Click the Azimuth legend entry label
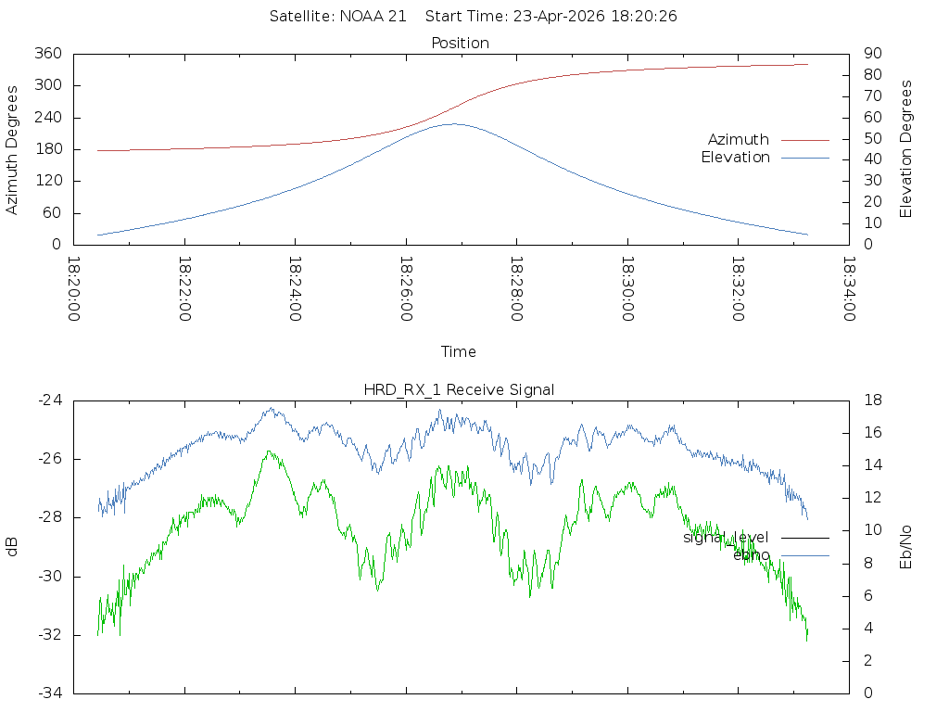click(739, 140)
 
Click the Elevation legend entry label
click(735, 158)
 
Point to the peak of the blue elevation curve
click(452, 123)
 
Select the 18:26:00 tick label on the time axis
click(406, 289)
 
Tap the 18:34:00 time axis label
click(849, 289)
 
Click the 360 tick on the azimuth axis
click(46, 54)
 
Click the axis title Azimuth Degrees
click(12, 150)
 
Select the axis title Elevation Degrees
click(906, 149)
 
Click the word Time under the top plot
click(459, 352)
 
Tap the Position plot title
click(461, 44)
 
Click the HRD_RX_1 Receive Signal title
click(459, 390)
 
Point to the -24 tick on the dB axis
click(49, 400)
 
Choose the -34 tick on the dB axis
click(49, 693)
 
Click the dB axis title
click(12, 547)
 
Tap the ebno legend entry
click(752, 555)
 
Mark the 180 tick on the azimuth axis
click(46, 149)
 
